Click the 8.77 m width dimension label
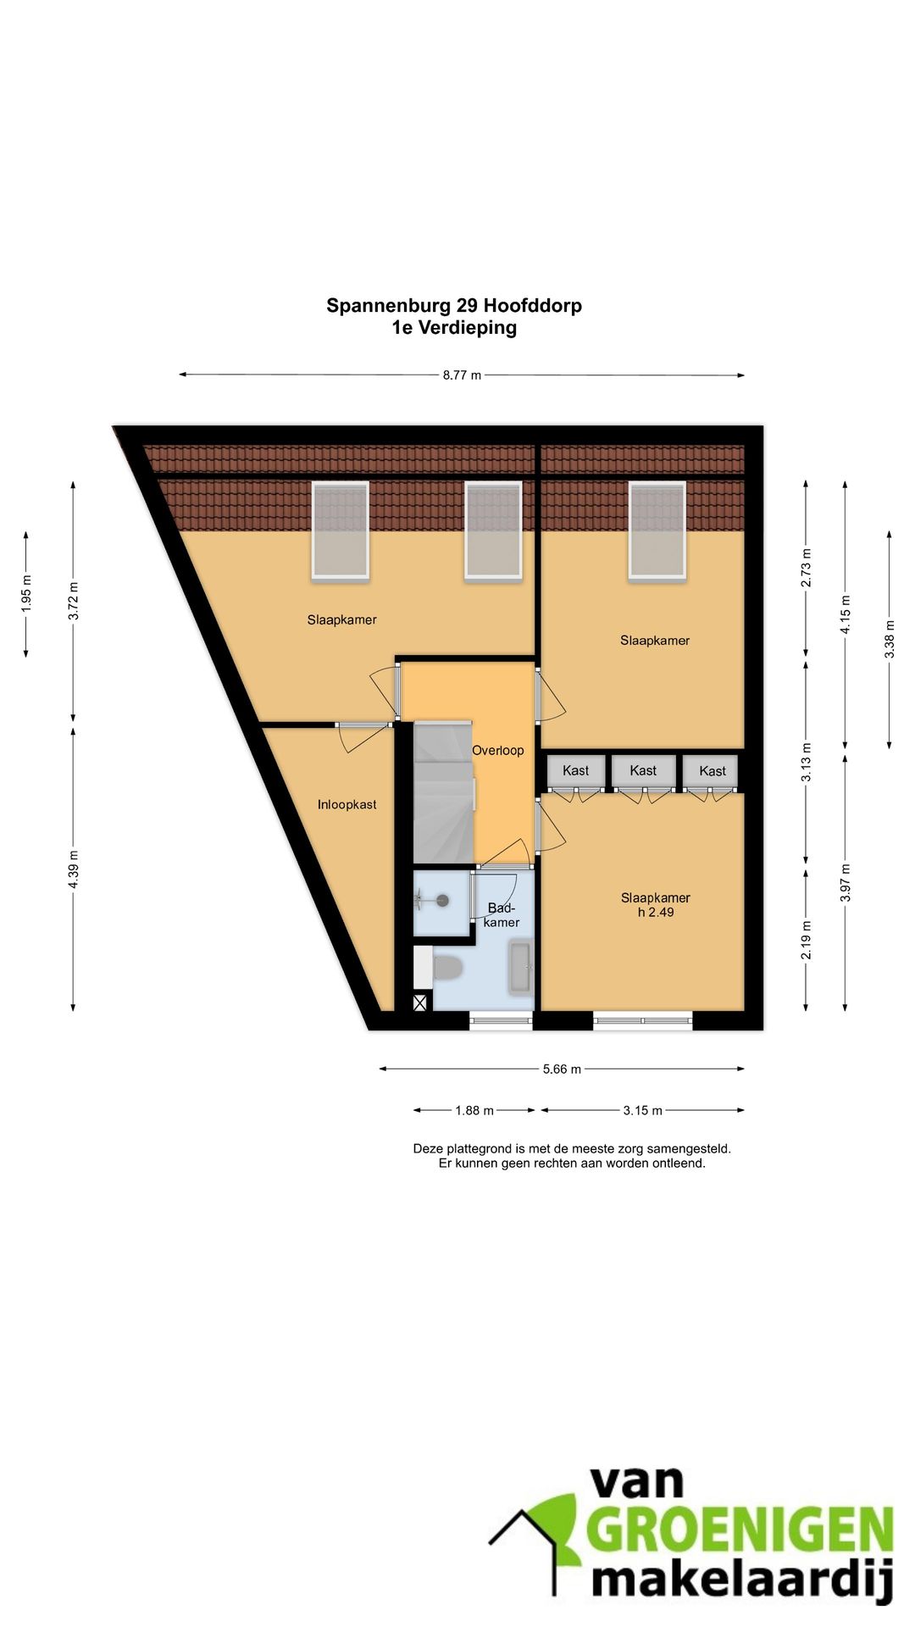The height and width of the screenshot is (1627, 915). pyautogui.click(x=462, y=375)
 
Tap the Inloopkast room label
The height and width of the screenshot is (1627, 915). pyautogui.click(x=347, y=804)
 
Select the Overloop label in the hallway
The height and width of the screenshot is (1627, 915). pyautogui.click(x=498, y=750)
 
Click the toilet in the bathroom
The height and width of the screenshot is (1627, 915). pyautogui.click(x=446, y=967)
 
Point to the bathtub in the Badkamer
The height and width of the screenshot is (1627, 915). pyautogui.click(x=519, y=967)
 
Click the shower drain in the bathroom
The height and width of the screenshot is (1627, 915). pyautogui.click(x=441, y=901)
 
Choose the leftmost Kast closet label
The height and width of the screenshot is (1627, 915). pyautogui.click(x=575, y=770)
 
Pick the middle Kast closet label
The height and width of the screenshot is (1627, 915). pyautogui.click(x=643, y=770)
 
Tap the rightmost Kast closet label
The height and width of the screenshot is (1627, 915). pyautogui.click(x=713, y=771)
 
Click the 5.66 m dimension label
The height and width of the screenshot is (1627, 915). pyautogui.click(x=562, y=1069)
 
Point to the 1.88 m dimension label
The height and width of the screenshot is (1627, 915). pyautogui.click(x=474, y=1110)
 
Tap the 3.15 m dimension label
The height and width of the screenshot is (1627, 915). pyautogui.click(x=643, y=1110)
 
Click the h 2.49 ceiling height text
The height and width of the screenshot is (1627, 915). pyautogui.click(x=656, y=912)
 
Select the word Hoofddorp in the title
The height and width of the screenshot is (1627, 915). pyautogui.click(x=533, y=305)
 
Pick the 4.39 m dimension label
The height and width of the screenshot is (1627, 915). pyautogui.click(x=74, y=869)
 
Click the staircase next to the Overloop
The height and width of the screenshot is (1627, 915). pyautogui.click(x=443, y=792)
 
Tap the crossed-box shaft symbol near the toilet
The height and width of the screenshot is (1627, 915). pyautogui.click(x=420, y=1003)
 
